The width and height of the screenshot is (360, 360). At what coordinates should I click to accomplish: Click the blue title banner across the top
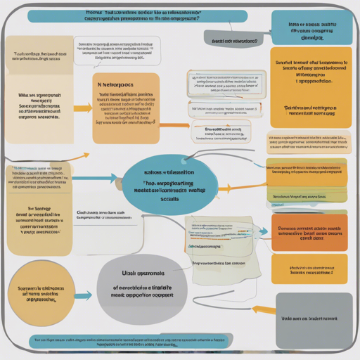pos(137,16)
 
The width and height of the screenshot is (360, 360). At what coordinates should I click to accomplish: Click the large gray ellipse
pos(143,288)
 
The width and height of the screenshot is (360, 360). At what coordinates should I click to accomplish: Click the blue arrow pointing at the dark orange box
pos(261,231)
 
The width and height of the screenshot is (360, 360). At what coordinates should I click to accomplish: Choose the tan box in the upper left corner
pos(39,61)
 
